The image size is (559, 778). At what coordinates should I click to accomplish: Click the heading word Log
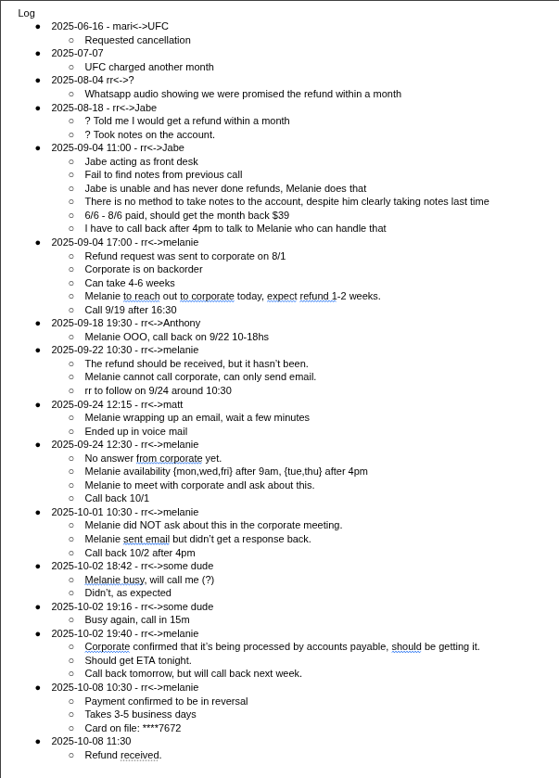click(x=26, y=13)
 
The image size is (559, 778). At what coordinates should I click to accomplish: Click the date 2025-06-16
click(x=76, y=27)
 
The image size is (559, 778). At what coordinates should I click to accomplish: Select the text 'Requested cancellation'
click(x=137, y=40)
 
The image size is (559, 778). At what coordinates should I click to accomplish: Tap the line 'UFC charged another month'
click(x=149, y=67)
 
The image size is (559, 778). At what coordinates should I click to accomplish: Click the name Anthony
click(x=182, y=323)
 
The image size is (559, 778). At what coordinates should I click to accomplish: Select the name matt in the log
click(x=173, y=404)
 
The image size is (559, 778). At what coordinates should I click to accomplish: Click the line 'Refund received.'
click(x=123, y=755)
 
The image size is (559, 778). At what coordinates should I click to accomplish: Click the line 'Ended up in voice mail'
click(x=136, y=431)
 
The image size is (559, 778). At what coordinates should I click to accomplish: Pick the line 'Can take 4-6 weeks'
click(x=130, y=283)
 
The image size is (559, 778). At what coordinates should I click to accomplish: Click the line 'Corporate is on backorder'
click(x=144, y=269)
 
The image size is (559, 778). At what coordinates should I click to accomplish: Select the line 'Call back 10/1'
click(x=117, y=498)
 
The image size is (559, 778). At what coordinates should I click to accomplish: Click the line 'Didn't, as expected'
click(x=128, y=593)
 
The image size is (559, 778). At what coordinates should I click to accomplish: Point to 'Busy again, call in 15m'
click(x=137, y=619)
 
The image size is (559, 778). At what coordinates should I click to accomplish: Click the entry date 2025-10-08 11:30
click(x=91, y=741)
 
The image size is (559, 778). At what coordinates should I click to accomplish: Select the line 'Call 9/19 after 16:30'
click(x=131, y=310)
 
